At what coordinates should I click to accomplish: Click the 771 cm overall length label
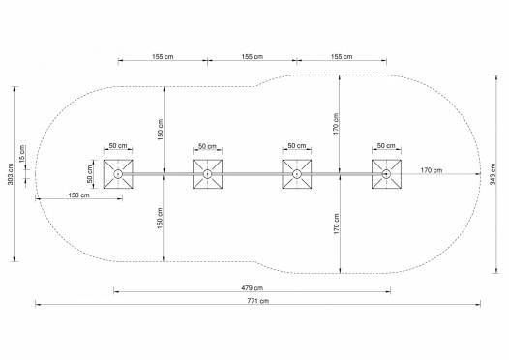pyautogui.click(x=258, y=301)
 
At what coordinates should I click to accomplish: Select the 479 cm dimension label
pyautogui.click(x=253, y=288)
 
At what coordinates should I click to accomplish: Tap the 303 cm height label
pyautogui.click(x=11, y=174)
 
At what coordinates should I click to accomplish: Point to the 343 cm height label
pyautogui.click(x=493, y=174)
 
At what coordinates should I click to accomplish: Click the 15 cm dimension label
pyautogui.click(x=21, y=154)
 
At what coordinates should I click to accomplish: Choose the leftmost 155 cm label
pyautogui.click(x=163, y=56)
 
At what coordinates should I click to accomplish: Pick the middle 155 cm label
pyautogui.click(x=253, y=56)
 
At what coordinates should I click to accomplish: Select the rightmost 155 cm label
pyautogui.click(x=342, y=56)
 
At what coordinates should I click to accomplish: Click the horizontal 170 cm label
pyautogui.click(x=432, y=170)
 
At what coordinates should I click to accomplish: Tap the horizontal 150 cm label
pyautogui.click(x=79, y=195)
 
